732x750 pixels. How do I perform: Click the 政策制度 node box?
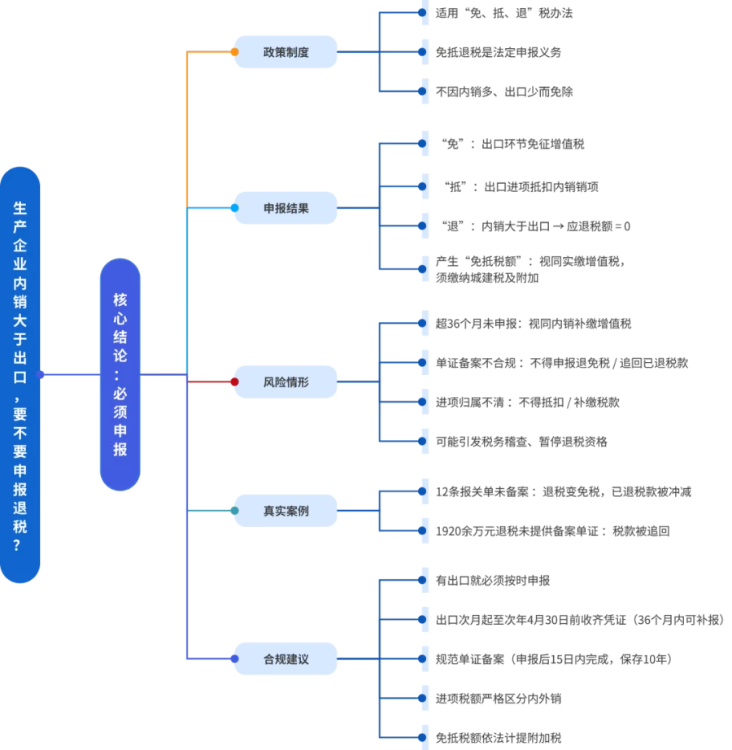285,52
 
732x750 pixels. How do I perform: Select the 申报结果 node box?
285,208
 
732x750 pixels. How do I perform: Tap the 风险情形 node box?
285,382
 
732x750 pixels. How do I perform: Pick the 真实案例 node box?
285,511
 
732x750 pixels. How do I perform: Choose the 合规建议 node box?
285,659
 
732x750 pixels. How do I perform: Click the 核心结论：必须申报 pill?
120,374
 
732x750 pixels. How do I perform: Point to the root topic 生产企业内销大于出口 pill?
20,374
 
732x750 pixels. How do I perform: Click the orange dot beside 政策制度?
234,52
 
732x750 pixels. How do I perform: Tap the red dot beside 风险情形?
234,382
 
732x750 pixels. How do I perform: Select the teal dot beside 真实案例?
234,511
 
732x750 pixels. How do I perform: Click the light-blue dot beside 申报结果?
234,208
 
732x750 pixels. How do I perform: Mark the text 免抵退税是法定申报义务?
499,52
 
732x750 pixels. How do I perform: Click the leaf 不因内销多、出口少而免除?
504,91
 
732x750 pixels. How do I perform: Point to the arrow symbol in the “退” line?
558,226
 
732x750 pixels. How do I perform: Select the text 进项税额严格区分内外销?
499,698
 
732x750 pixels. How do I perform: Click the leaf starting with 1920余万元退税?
552,531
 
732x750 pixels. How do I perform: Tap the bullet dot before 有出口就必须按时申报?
422,580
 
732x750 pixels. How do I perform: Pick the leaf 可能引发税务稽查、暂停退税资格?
521,442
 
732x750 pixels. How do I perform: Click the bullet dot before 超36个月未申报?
422,323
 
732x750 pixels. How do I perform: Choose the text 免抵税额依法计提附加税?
499,738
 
